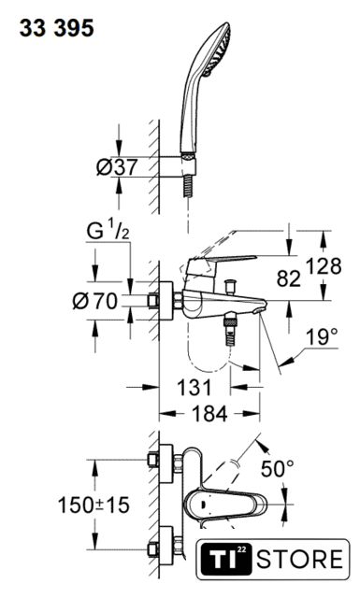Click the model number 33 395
pos(57,29)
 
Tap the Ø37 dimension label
pos(117,167)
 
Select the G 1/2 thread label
pos(108,233)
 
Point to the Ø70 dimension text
pos(95,301)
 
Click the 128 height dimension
pos(323,266)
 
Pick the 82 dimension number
pos(288,278)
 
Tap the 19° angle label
pos(322,336)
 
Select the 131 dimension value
pos(194,388)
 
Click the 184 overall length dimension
pos(209,413)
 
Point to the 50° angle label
pos(278,468)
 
